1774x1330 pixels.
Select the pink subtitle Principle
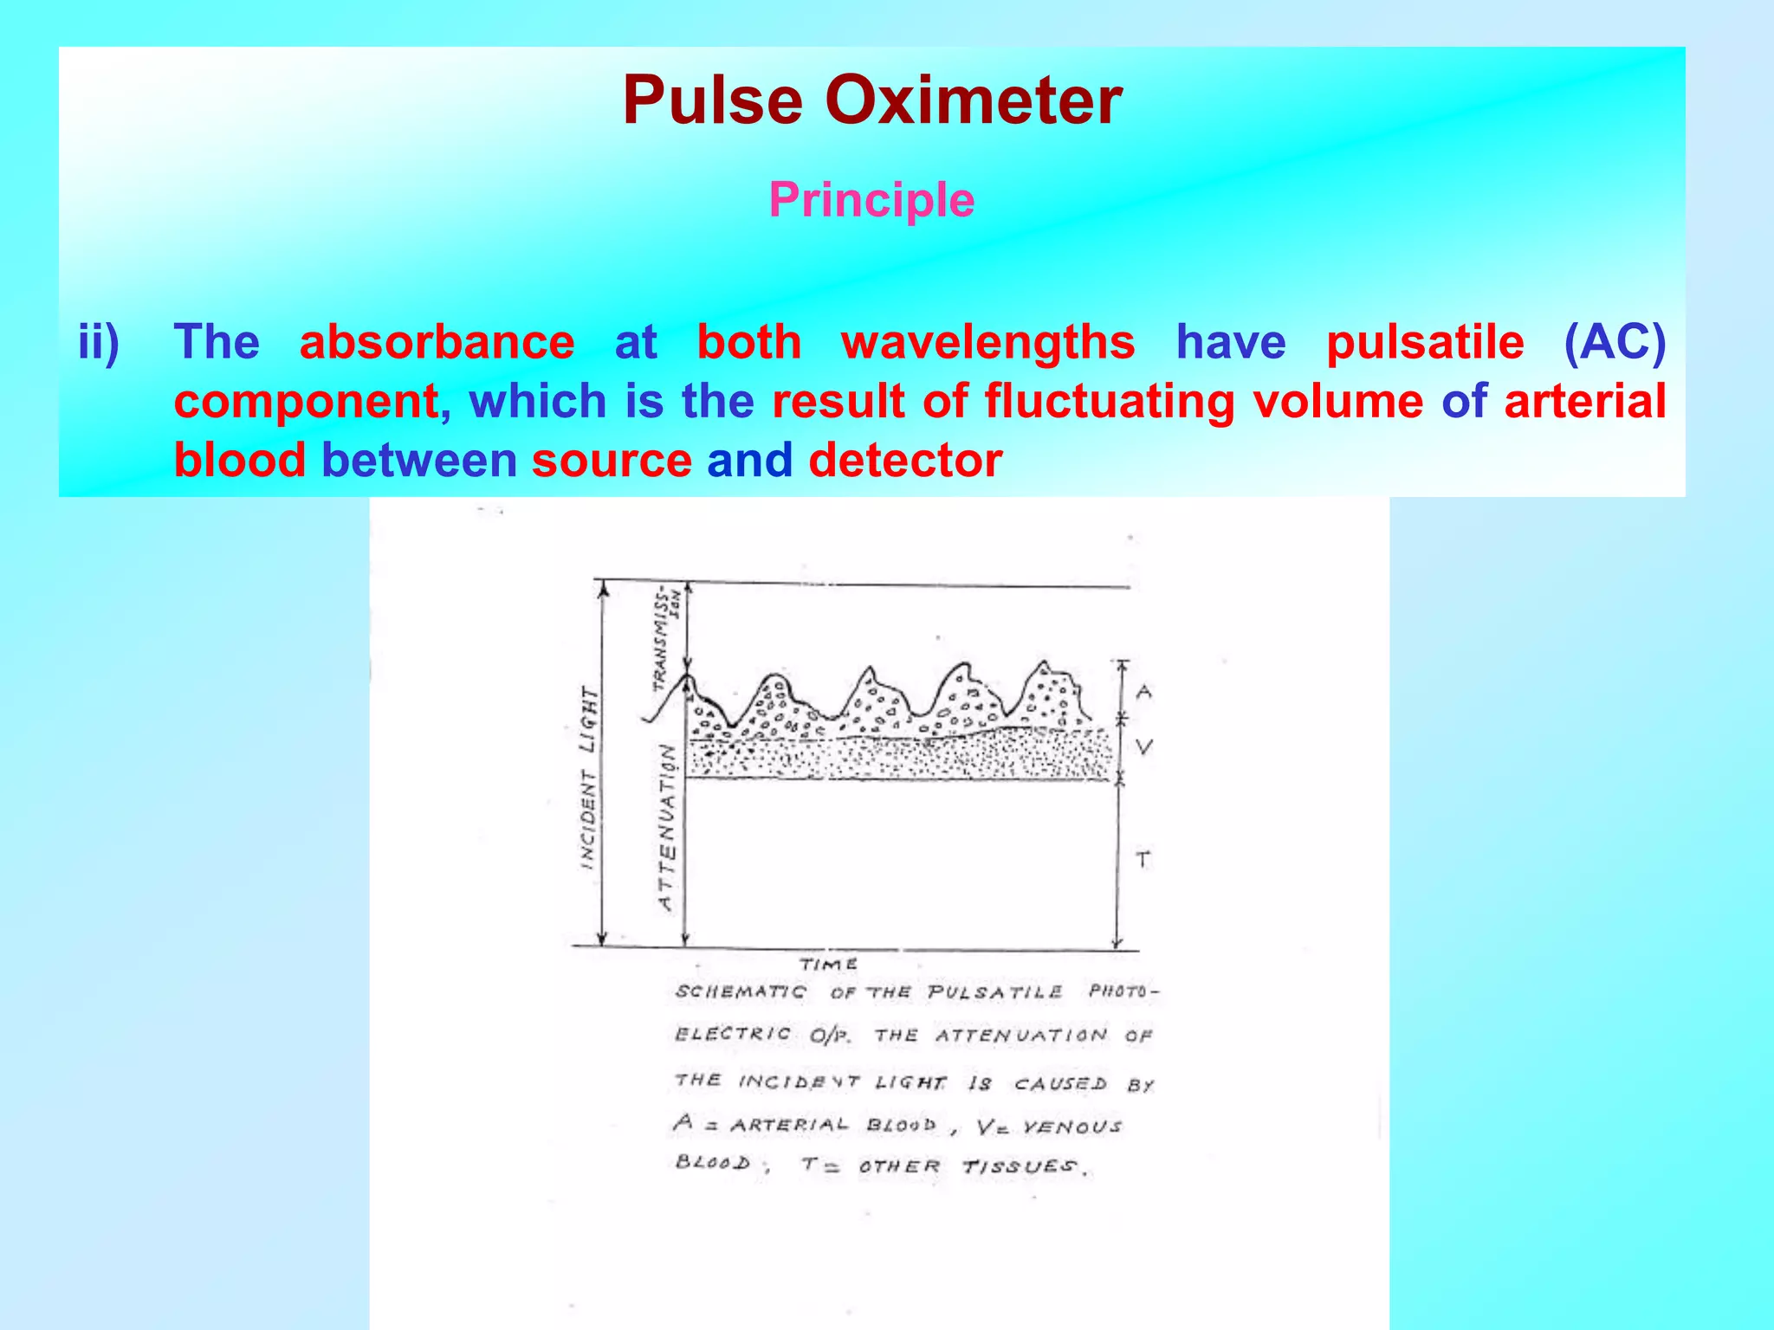pyautogui.click(x=871, y=200)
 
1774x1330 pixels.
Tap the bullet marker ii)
pyautogui.click(x=99, y=342)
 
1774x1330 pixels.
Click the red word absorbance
pyautogui.click(x=437, y=342)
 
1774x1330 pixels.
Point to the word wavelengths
pyautogui.click(x=987, y=342)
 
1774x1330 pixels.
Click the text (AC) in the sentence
pyautogui.click(x=1614, y=342)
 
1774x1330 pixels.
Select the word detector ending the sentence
pyautogui.click(x=905, y=460)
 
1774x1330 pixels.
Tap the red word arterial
pyautogui.click(x=1584, y=401)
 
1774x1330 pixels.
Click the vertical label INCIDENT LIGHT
pyautogui.click(x=589, y=778)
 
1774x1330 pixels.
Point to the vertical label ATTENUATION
pyautogui.click(x=667, y=827)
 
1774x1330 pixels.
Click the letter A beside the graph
pyautogui.click(x=1144, y=692)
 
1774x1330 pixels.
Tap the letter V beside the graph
pyautogui.click(x=1144, y=746)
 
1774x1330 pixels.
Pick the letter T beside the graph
pyautogui.click(x=1143, y=860)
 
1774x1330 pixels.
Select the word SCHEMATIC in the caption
pyautogui.click(x=741, y=992)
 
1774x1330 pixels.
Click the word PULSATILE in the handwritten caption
pyautogui.click(x=994, y=992)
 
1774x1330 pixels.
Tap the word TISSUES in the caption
pyautogui.click(x=1021, y=1167)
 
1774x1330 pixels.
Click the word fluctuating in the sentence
pyautogui.click(x=1109, y=401)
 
